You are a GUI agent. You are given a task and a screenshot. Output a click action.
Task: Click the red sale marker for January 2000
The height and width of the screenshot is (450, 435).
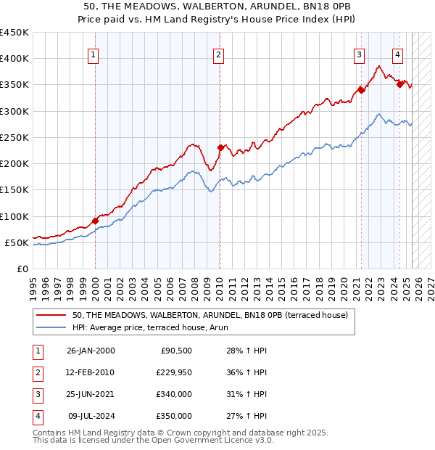[95, 221]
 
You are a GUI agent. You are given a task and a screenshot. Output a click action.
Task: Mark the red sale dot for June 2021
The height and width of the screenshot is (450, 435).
[361, 91]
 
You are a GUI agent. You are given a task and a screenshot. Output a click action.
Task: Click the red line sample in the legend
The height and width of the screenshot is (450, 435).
[51, 315]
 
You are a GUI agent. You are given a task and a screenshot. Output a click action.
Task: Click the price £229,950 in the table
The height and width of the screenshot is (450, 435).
[173, 372]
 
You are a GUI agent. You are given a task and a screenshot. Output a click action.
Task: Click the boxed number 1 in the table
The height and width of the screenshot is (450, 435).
[37, 351]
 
